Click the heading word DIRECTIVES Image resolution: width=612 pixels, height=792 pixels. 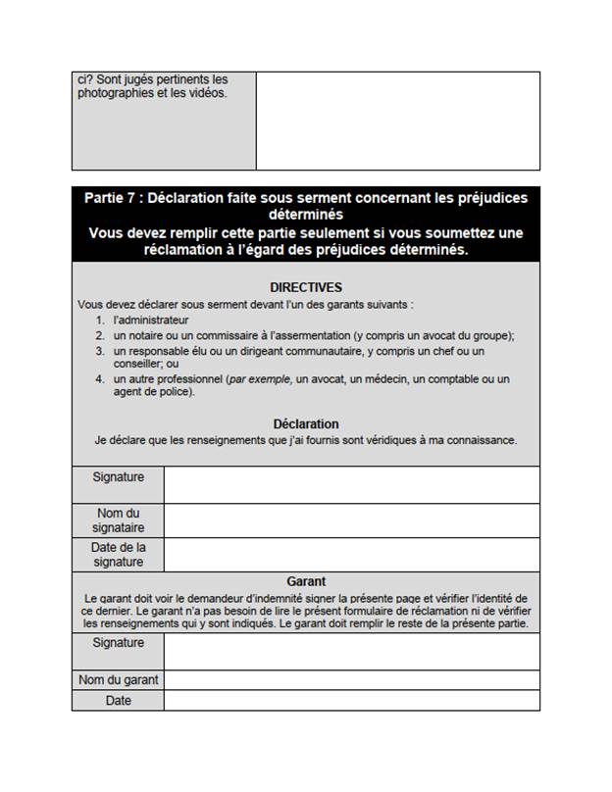[x=306, y=287]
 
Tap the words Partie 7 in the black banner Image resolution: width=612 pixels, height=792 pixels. [x=111, y=199]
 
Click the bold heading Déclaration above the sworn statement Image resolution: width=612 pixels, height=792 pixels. [x=306, y=424]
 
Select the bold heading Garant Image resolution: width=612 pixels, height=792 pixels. [x=306, y=581]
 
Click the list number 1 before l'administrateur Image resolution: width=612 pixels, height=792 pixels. [x=100, y=320]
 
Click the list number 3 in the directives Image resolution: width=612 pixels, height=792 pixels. [x=100, y=351]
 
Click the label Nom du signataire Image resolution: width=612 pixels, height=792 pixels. [x=118, y=520]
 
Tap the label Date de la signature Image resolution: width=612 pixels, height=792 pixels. [x=118, y=555]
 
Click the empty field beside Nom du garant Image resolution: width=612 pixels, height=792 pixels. [x=351, y=680]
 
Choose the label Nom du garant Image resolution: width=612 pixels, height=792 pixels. [x=118, y=680]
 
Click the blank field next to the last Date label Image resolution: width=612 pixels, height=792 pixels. [x=351, y=701]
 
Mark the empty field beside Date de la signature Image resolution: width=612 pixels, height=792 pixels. [x=351, y=555]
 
